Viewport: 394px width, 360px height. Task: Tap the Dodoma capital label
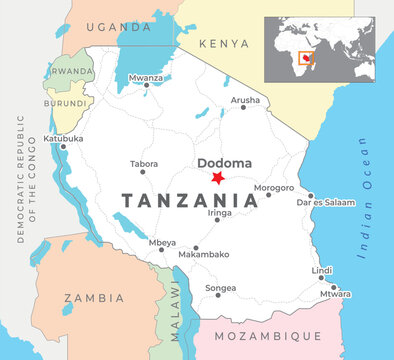point(217,162)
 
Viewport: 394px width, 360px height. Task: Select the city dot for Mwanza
point(146,85)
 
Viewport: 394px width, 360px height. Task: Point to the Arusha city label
point(245,101)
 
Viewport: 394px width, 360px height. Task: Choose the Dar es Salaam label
point(327,203)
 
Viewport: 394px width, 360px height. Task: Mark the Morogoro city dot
point(268,195)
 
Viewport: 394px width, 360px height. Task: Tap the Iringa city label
point(220,213)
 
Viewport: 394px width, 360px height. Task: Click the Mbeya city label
point(161,242)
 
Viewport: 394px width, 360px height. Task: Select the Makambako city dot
point(196,247)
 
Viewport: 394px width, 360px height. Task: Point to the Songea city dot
point(219,295)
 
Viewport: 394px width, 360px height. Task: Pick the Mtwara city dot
point(334,287)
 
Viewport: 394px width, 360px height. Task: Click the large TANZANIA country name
point(189,200)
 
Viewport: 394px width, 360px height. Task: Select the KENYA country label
point(223,44)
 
